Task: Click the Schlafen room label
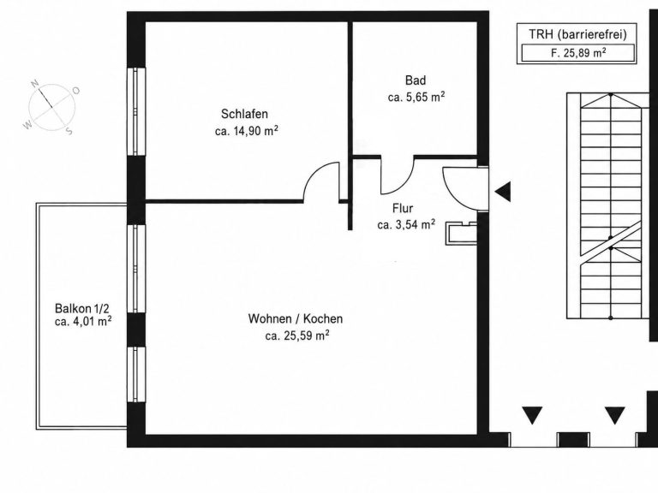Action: (244, 114)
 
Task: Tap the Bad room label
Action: (416, 80)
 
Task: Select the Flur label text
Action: (403, 208)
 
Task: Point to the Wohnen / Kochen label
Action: (296, 318)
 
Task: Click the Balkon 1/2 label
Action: (82, 309)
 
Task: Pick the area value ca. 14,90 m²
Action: (247, 131)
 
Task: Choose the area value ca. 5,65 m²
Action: (416, 97)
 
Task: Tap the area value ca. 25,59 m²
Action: (297, 336)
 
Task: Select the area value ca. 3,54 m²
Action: (406, 224)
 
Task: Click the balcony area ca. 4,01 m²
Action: (83, 322)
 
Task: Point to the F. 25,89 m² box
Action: (577, 54)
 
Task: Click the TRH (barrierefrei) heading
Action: (577, 34)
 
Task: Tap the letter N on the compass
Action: (35, 83)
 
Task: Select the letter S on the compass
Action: (69, 131)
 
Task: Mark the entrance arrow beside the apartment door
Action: (503, 192)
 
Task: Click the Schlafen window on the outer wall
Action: (136, 111)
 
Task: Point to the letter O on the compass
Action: (76, 91)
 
